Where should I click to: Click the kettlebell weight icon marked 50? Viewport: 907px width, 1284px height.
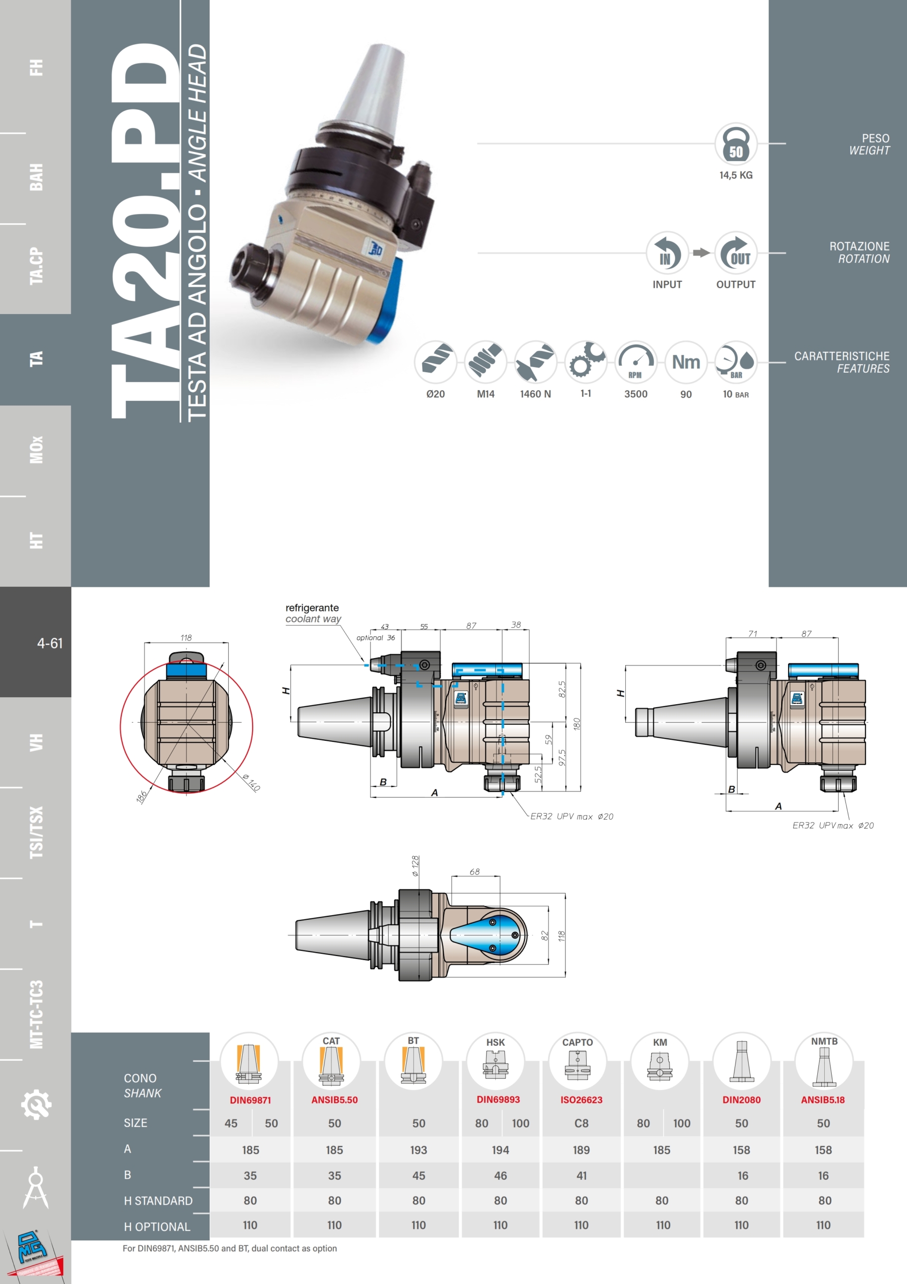tap(736, 144)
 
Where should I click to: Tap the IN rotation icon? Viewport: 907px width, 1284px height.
tap(667, 253)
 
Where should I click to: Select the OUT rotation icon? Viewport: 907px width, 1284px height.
tap(736, 253)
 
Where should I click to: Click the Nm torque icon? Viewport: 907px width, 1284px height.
tap(685, 363)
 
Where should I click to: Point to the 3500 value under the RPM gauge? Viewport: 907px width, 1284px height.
tap(636, 394)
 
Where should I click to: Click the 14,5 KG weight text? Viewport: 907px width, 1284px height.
tap(736, 175)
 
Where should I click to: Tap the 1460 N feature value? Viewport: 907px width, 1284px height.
tap(535, 394)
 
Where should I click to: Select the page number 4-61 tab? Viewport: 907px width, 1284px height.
tap(50, 643)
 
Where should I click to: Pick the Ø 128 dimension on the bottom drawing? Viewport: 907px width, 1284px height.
tap(415, 866)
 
